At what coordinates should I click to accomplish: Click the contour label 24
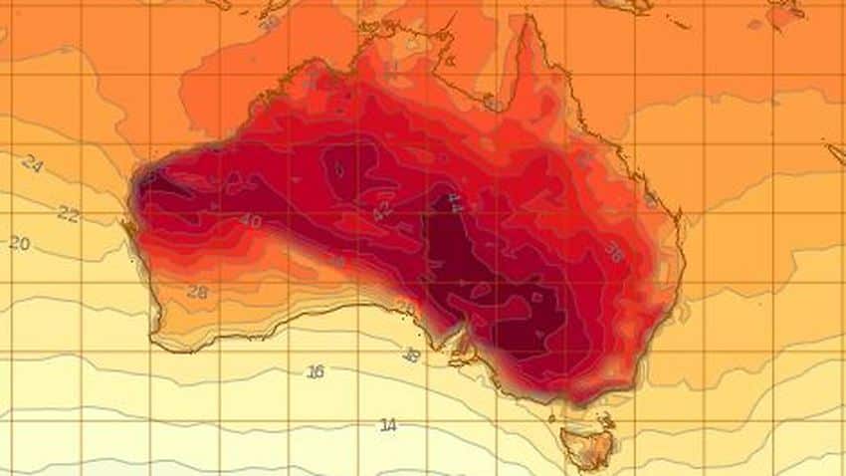click(32, 165)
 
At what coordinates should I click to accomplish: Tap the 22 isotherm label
click(68, 213)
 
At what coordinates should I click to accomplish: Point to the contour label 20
click(20, 243)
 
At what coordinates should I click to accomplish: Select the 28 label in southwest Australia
click(197, 292)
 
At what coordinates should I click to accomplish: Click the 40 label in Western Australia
click(251, 220)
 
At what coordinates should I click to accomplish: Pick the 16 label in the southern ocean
click(316, 371)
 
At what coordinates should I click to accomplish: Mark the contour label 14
click(388, 425)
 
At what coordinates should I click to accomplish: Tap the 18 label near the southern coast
click(410, 353)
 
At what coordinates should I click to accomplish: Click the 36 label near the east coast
click(614, 254)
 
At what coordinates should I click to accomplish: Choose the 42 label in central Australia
click(381, 211)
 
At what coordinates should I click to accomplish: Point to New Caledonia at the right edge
click(834, 152)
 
